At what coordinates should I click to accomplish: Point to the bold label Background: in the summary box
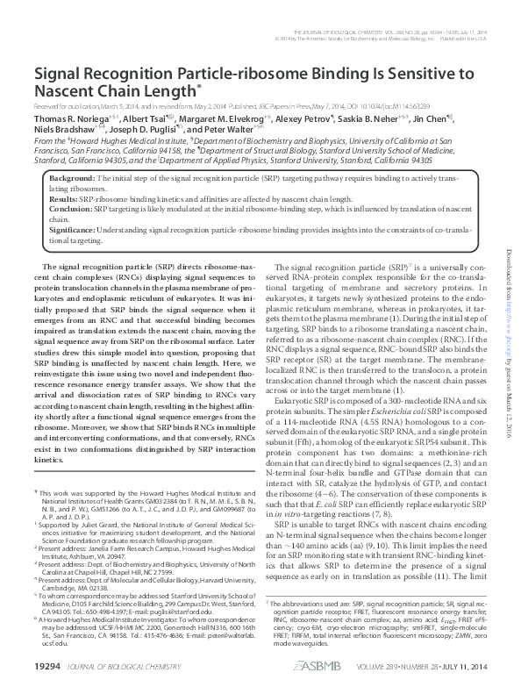[x=73, y=178]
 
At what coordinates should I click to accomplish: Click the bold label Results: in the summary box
[x=64, y=199]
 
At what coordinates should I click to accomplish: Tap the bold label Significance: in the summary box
[x=72, y=231]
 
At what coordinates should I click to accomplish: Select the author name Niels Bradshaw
[x=64, y=129]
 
